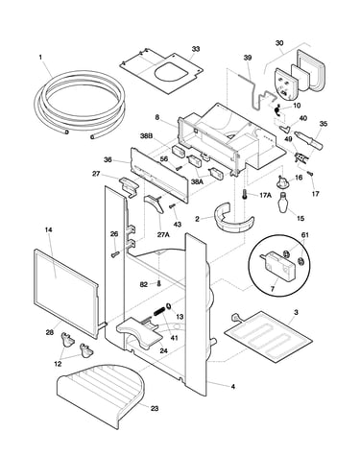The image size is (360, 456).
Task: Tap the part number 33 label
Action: coord(196,49)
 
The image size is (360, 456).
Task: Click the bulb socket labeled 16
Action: coord(281,181)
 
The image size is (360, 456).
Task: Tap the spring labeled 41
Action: coord(159,310)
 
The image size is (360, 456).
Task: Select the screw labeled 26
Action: coord(115,254)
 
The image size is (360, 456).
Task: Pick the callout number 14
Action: coord(49,229)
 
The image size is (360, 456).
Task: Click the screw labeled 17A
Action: coord(245,195)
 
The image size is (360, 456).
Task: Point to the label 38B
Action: coord(147,135)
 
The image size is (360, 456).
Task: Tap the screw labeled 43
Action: coord(173,205)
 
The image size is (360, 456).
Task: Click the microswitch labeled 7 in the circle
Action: coord(277,263)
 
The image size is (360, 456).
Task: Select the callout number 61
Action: coord(305,235)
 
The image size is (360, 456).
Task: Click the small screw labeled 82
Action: coord(157,283)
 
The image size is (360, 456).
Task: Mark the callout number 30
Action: coord(279,43)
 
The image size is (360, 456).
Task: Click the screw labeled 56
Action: coord(179,167)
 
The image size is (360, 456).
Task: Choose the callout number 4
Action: coord(233,387)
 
